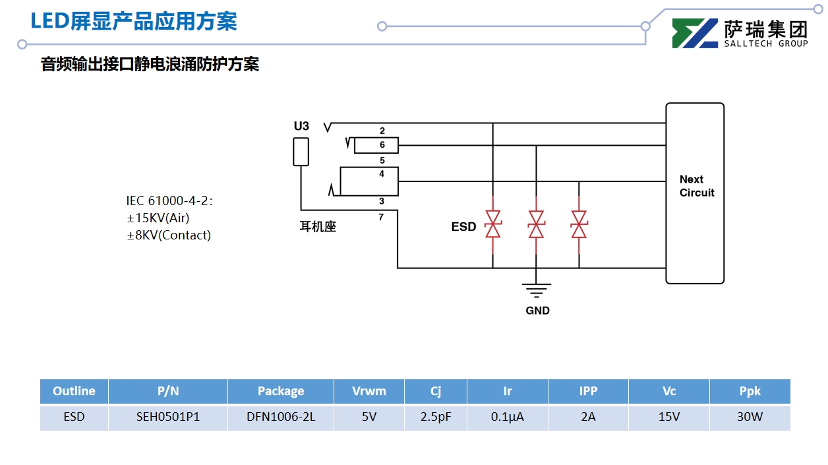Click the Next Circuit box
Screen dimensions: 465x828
695,193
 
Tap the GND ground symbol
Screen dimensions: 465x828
537,289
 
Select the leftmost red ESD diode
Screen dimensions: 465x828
493,224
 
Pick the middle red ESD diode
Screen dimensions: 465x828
537,224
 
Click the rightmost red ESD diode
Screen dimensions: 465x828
579,224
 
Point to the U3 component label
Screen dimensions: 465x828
301,126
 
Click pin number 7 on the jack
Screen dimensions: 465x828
381,216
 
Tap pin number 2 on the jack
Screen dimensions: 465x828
382,131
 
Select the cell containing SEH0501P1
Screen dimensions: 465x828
168,418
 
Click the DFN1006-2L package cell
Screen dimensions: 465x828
281,418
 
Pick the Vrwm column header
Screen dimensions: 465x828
369,391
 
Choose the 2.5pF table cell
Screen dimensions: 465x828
436,418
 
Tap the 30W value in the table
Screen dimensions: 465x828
750,418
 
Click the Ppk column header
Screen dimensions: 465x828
750,391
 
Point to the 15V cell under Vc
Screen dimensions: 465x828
669,418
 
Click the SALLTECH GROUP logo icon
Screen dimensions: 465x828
695,33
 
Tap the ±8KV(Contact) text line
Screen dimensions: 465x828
169,235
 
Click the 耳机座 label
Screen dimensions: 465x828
318,227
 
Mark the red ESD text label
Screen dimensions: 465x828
463,227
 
